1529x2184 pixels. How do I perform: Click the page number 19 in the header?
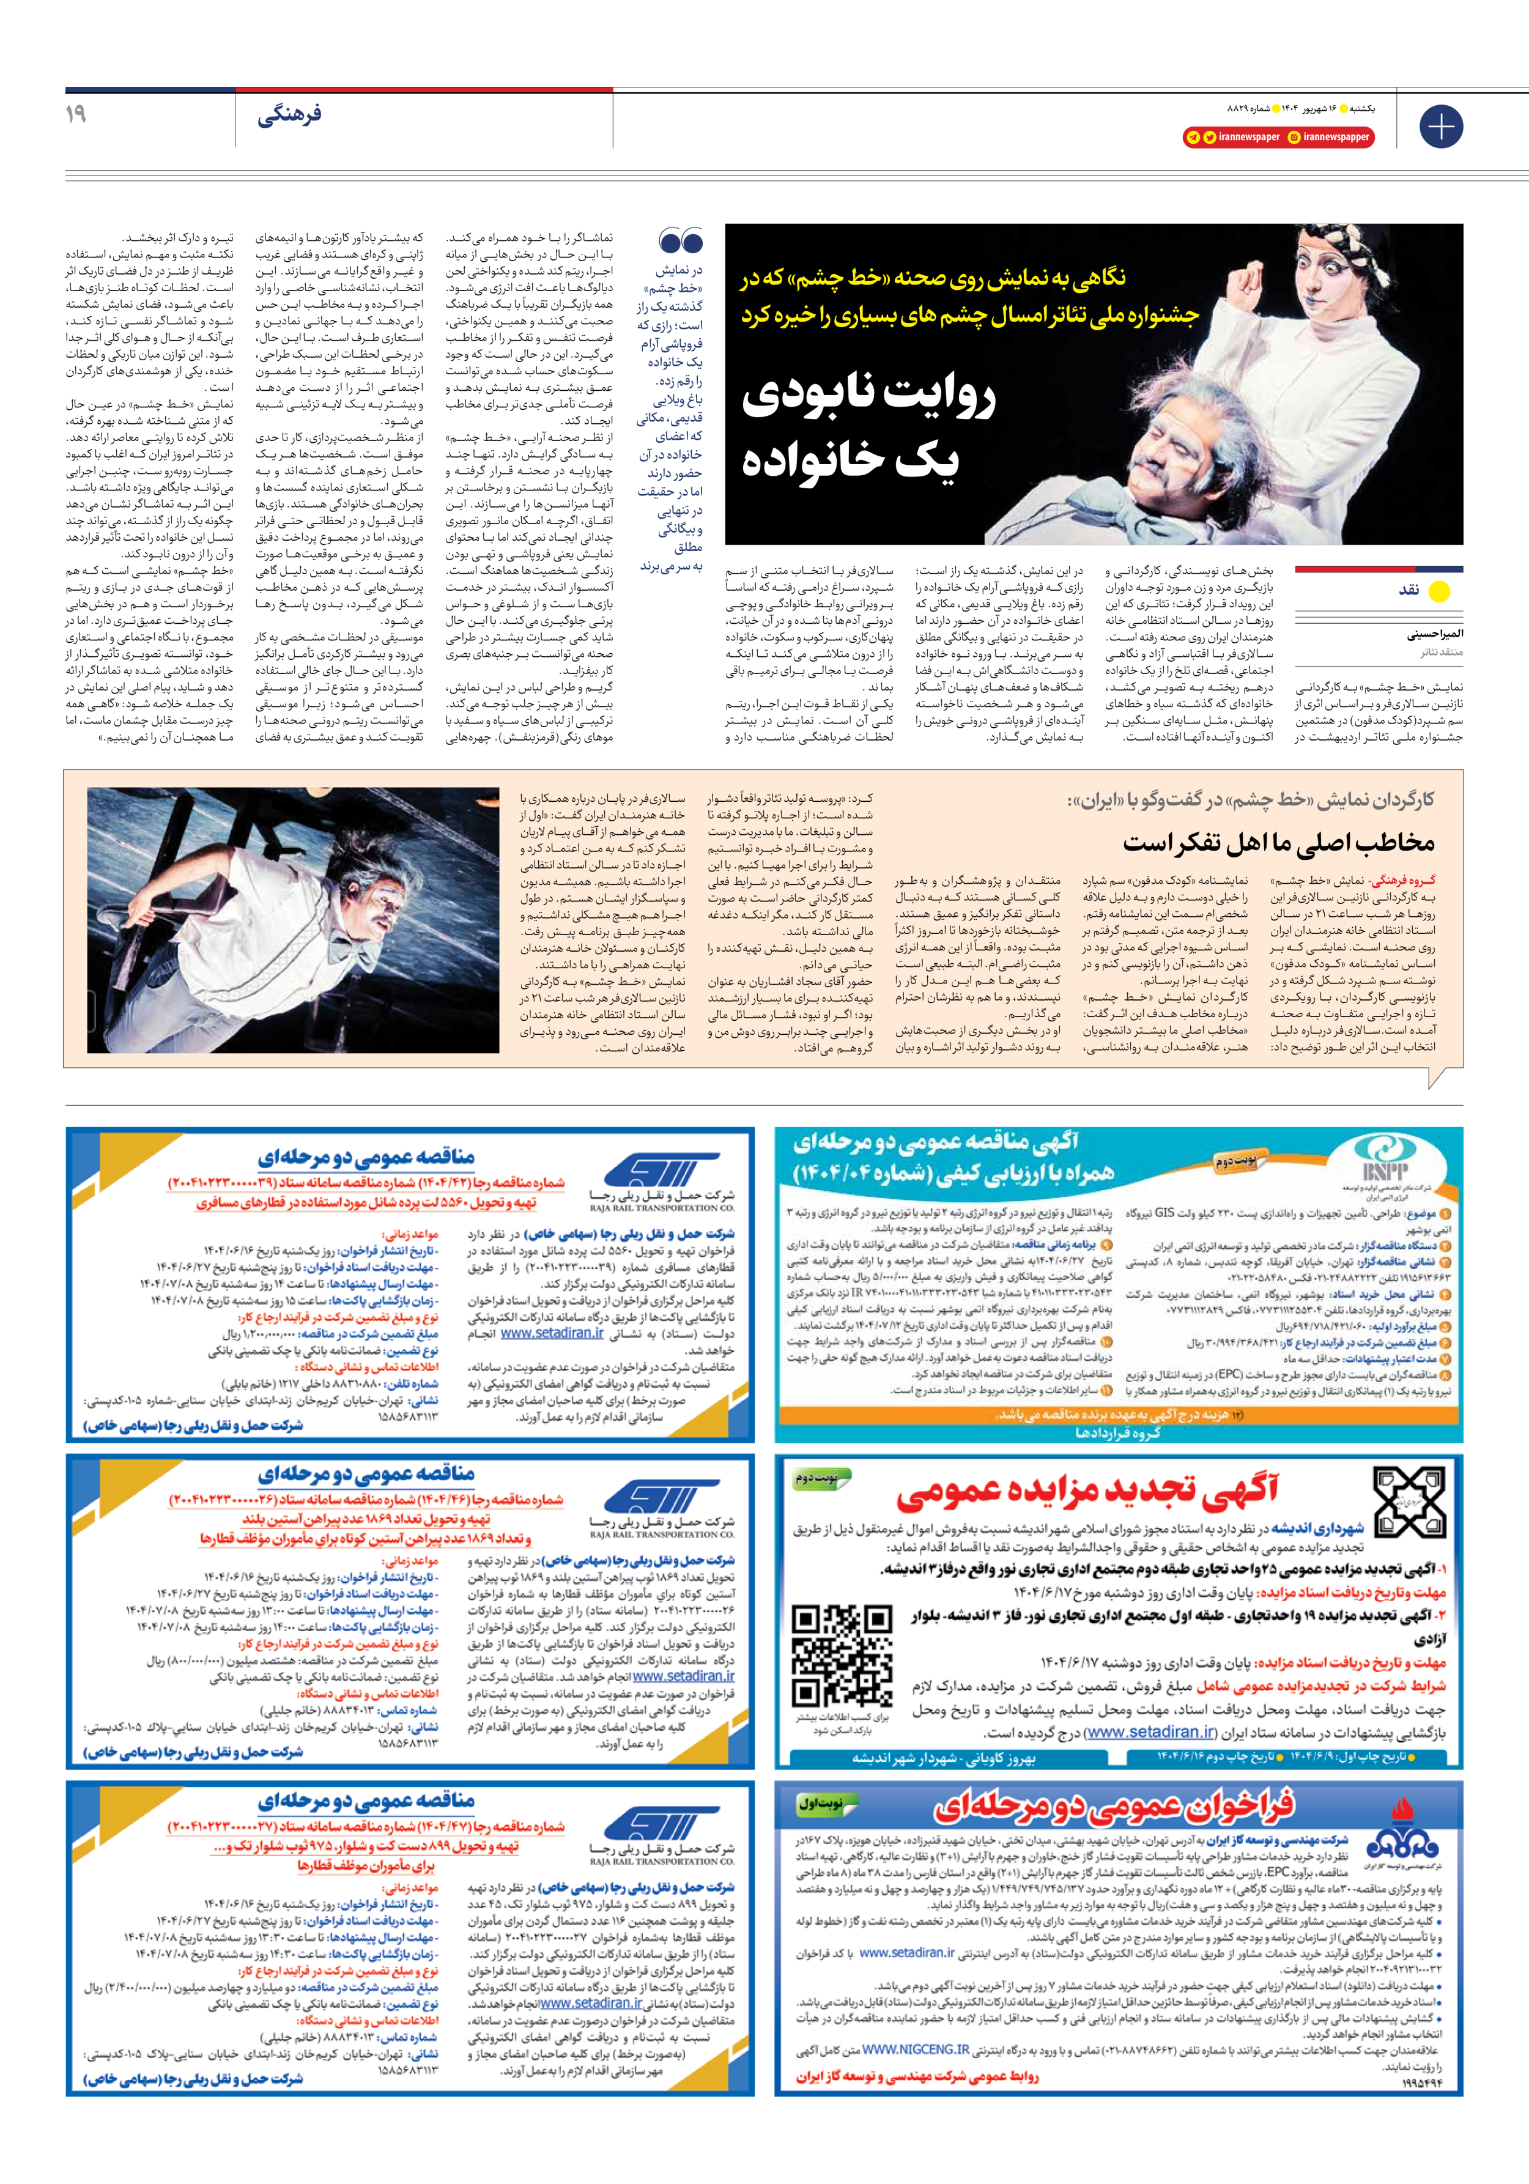click(x=76, y=113)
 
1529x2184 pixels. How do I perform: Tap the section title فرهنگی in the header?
click(x=289, y=115)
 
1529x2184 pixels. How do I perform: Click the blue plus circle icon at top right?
click(x=1440, y=127)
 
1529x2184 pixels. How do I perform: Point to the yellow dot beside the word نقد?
click(x=1438, y=591)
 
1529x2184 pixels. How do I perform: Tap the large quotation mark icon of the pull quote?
click(x=680, y=242)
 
